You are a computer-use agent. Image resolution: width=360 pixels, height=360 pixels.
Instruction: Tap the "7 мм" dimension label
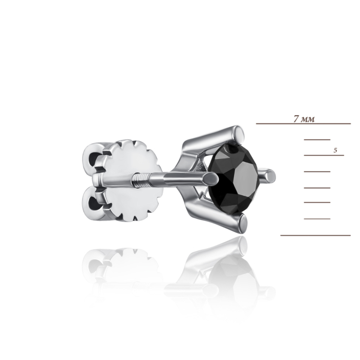304,119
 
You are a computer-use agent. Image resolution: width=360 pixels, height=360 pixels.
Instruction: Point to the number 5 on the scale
335,150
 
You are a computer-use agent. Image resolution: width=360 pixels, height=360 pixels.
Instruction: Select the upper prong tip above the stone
241,134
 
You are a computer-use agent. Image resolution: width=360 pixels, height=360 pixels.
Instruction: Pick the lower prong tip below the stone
243,224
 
